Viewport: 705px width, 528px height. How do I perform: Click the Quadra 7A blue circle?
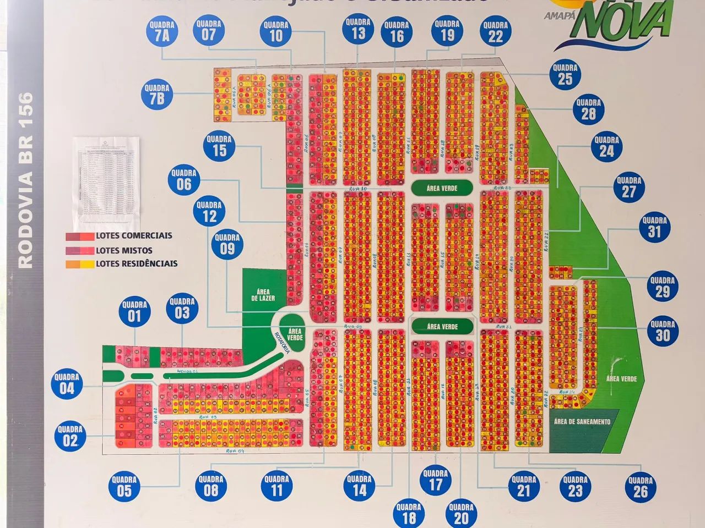161,31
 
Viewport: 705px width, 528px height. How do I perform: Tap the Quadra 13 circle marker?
358,29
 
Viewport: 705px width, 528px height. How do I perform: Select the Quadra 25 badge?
565,74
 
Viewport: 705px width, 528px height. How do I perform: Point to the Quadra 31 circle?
654,227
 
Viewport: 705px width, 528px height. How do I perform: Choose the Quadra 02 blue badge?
70,436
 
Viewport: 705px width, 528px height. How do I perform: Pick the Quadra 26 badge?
640,487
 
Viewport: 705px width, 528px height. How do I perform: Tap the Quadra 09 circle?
227,245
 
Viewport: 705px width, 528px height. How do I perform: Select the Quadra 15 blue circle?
219,146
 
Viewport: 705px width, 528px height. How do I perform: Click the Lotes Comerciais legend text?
134,235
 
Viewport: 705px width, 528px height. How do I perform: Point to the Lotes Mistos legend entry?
124,250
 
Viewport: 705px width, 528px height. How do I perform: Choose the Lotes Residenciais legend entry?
137,263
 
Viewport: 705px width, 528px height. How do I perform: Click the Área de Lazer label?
263,295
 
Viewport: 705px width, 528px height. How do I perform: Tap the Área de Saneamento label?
582,422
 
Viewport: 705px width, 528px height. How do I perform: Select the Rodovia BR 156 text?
26,180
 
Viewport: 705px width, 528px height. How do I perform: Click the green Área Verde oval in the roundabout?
295,334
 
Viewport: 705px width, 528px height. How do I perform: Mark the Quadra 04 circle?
67,384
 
